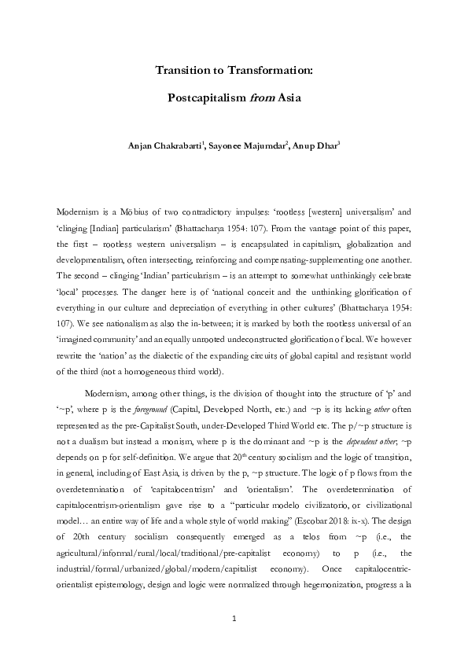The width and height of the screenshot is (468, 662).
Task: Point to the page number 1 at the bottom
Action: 234,620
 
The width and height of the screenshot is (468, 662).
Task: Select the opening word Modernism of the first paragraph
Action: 79,212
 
